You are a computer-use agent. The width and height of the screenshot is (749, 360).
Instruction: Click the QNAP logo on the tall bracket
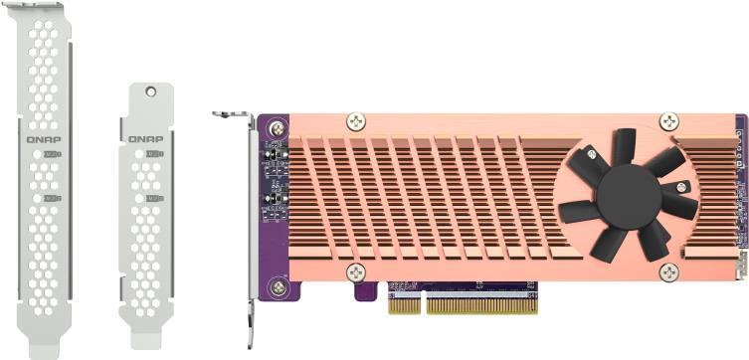44,139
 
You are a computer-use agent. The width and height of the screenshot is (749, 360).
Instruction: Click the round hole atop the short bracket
150,91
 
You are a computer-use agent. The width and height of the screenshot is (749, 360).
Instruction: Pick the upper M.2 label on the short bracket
153,154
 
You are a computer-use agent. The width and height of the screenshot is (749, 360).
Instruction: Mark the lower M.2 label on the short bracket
153,199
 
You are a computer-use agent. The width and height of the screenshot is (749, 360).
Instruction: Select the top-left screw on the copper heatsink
356,122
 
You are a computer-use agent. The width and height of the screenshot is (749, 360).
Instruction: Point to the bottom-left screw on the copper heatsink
356,271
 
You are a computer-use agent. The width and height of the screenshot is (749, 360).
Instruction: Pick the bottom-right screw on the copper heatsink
669,272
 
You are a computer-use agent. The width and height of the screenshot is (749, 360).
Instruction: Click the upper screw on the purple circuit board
276,126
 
